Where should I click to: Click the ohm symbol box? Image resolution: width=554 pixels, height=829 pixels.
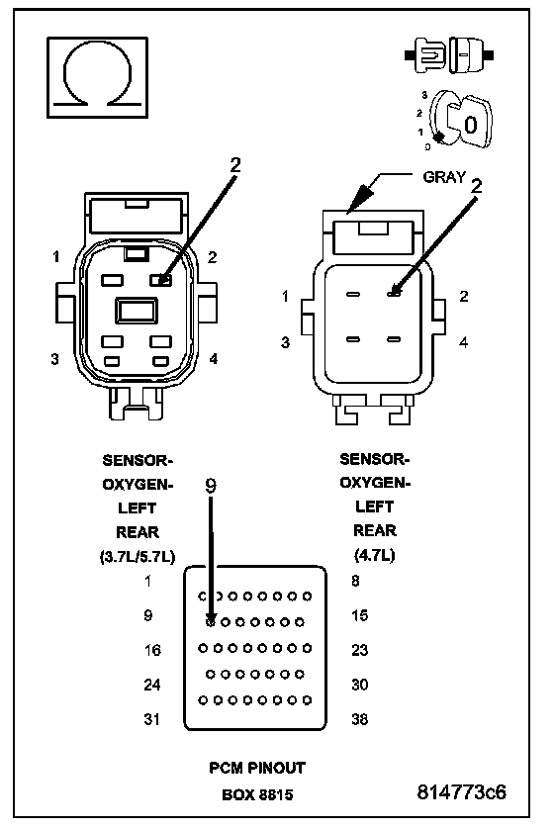tap(97, 77)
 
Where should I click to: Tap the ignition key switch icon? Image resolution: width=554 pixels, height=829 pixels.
tap(460, 119)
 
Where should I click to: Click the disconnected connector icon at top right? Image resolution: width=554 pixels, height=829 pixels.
tap(449, 54)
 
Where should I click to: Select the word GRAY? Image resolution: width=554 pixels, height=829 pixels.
tap(444, 177)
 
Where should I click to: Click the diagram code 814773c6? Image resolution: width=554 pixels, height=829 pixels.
tap(461, 792)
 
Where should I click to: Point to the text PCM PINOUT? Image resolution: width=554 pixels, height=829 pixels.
tap(257, 768)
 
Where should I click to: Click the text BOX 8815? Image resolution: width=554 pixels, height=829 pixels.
tap(257, 794)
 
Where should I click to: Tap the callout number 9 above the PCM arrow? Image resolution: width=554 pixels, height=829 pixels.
tap(211, 486)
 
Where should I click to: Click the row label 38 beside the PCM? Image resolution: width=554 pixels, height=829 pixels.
tap(359, 719)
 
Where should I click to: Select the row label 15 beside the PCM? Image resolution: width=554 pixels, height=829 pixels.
tap(359, 615)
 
